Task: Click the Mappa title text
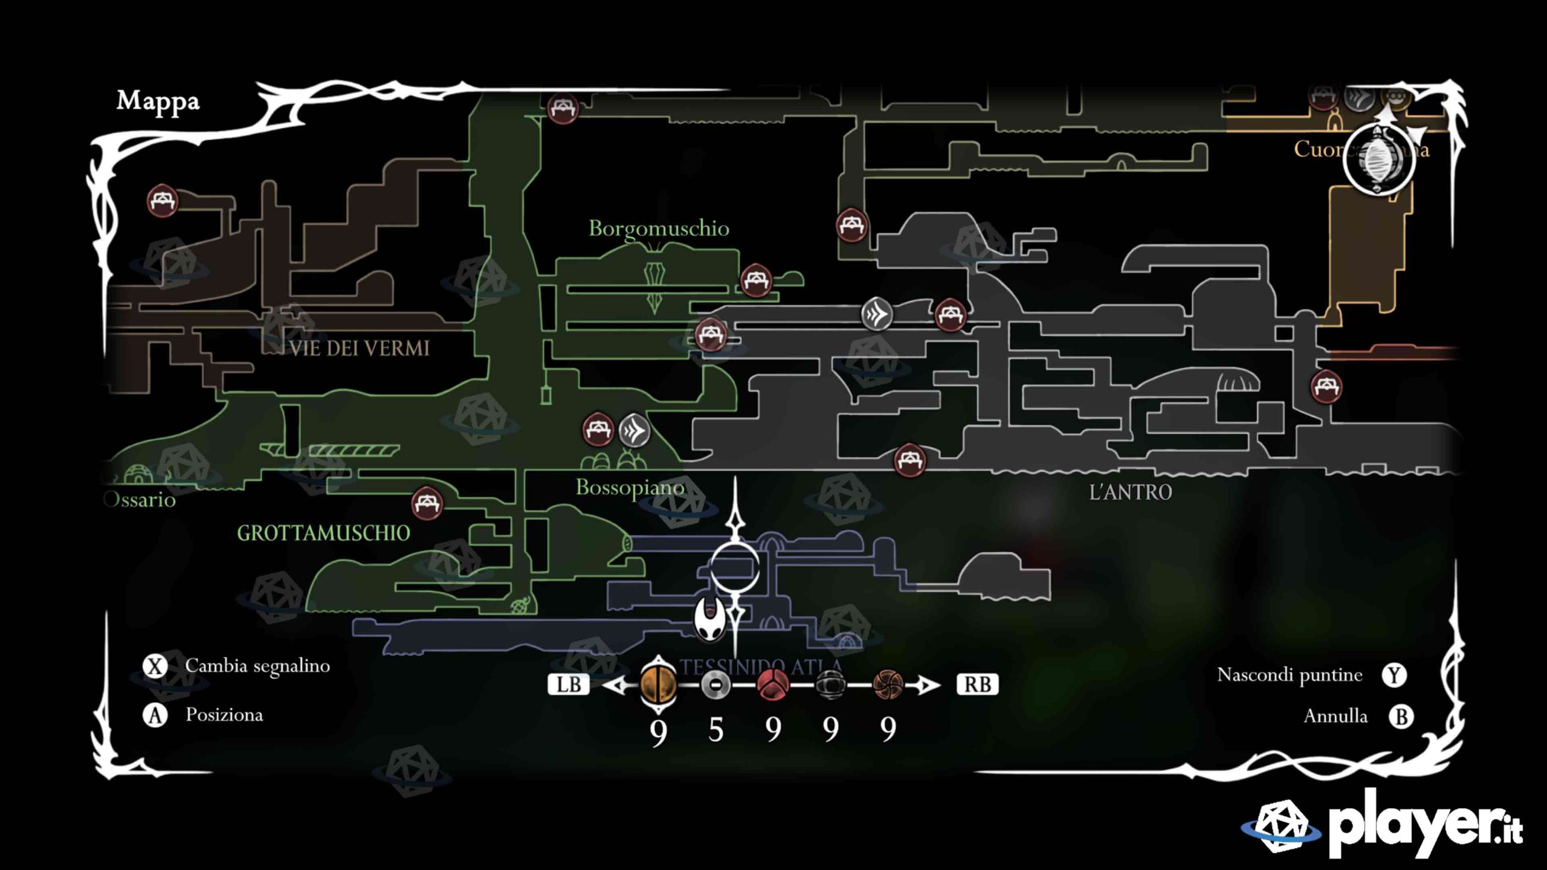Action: point(158,101)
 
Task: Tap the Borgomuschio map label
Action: point(659,228)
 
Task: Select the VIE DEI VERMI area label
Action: point(359,349)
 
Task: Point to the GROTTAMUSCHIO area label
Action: point(323,533)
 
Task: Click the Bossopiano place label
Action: point(630,488)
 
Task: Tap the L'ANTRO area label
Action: point(1130,492)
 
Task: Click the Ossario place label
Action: point(140,500)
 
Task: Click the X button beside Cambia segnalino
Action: point(155,667)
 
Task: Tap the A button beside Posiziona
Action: point(155,716)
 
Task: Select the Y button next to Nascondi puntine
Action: point(1394,675)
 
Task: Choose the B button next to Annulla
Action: point(1401,717)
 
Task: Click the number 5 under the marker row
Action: point(715,730)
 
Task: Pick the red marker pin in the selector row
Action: point(772,685)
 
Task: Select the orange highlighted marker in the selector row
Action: point(658,685)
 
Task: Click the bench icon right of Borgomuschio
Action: point(756,280)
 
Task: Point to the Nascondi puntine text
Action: point(1290,675)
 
